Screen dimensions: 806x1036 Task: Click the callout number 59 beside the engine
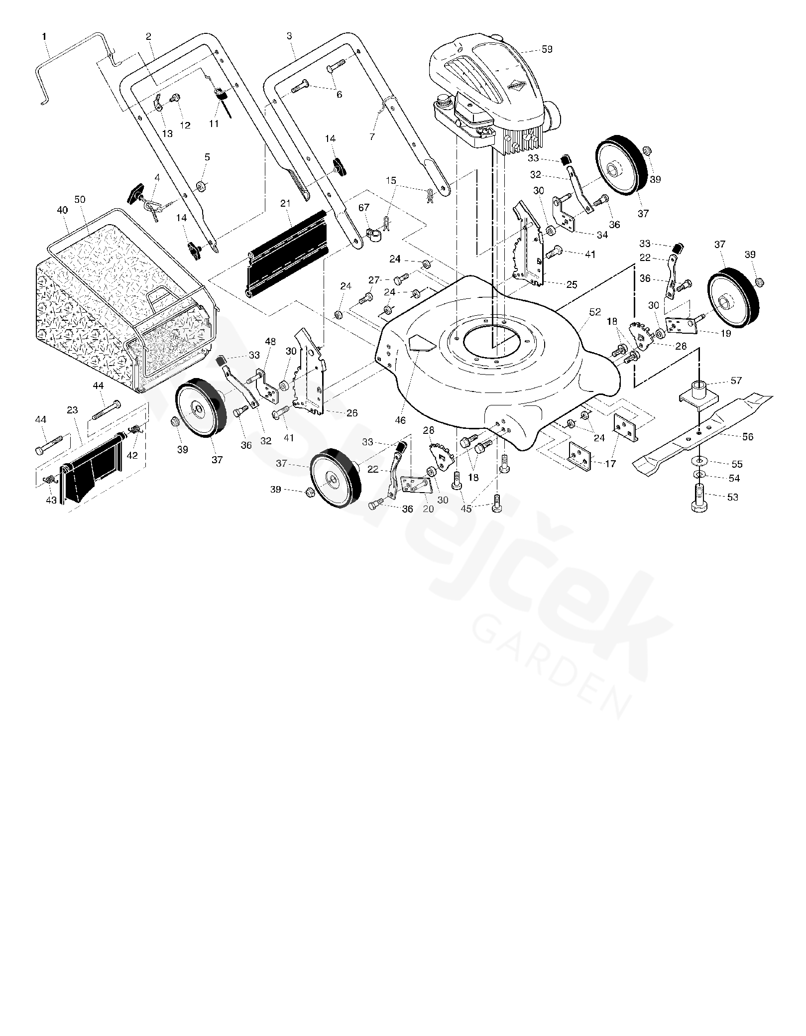546,49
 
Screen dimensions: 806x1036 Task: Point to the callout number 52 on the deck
594,312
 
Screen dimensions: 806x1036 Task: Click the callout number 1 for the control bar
45,36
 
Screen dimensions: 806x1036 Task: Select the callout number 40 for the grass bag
62,210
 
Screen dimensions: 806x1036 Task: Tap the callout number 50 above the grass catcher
80,199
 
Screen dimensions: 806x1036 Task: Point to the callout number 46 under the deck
401,420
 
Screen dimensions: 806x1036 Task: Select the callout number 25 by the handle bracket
571,284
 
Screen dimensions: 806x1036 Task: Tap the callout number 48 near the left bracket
270,342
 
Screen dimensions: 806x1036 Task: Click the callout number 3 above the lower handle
289,36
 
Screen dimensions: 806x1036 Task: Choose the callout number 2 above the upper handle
149,36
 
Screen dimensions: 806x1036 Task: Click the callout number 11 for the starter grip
214,124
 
